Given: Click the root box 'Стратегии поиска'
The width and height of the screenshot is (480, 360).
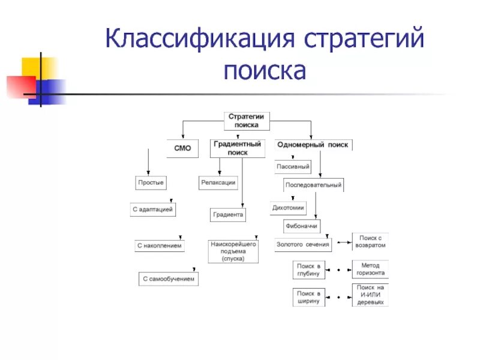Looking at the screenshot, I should coord(247,121).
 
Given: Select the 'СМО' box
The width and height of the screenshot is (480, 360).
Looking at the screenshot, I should coord(182,148).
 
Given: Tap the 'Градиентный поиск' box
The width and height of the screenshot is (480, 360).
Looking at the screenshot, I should coord(238,148).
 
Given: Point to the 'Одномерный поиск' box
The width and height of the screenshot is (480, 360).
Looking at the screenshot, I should coord(313,145).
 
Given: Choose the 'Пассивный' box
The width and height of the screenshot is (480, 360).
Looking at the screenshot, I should coord(293,166).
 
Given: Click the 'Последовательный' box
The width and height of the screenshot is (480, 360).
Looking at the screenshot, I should coord(313,185).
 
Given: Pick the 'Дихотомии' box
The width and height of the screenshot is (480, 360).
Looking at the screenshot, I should coord(289,208).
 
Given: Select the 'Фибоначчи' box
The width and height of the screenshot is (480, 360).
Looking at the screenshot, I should coord(301,227).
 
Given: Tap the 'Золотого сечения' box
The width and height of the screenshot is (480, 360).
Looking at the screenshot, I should coord(303,244).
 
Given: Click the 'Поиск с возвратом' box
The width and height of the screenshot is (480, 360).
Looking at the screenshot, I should coord(370,241).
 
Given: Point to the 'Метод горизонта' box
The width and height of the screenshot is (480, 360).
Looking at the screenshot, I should coord(370,269).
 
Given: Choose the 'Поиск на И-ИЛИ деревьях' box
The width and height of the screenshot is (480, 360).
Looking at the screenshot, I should coord(370,295).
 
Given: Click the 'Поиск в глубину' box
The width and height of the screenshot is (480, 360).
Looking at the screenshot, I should coord(310,269).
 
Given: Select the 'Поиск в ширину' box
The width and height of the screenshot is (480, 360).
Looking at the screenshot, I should coord(310,298).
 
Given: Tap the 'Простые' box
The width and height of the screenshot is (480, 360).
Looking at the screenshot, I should coord(151,182).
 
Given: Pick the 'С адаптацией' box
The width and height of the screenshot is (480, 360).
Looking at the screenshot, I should coord(153,210).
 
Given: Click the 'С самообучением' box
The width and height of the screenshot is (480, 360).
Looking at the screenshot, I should coord(169,279).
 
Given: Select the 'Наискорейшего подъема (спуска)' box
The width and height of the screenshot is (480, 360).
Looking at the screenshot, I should coord(233,251).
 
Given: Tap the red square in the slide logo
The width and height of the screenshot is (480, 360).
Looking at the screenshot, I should coord(21,86).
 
